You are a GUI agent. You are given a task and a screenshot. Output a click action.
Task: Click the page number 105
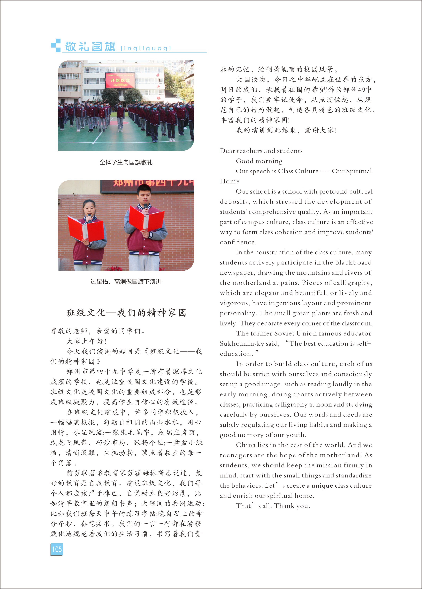57,549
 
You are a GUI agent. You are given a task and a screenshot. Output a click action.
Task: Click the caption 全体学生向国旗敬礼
126,162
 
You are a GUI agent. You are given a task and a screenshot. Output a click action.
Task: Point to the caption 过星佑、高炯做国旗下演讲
126,282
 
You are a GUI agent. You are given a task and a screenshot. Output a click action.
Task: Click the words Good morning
259,161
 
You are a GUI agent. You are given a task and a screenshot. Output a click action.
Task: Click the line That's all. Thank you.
273,506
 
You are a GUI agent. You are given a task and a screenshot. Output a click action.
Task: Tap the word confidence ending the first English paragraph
238,242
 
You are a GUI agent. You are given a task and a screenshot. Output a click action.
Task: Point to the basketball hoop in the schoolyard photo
136,99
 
